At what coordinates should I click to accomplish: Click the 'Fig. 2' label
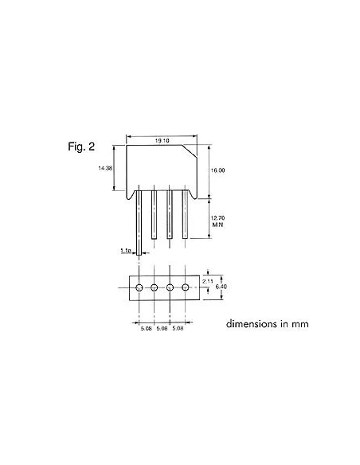tap(82, 147)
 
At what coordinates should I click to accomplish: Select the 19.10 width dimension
tap(162, 140)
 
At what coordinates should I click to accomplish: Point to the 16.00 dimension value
tap(218, 170)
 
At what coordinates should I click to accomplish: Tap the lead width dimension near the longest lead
tap(125, 251)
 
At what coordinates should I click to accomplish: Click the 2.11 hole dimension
tap(207, 281)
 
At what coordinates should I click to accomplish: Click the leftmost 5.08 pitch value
tap(147, 328)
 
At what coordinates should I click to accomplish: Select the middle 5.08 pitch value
tap(162, 328)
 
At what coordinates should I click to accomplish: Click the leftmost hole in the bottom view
tap(139, 287)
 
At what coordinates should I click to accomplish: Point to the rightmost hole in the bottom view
tap(186, 287)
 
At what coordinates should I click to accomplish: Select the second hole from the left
tap(155, 287)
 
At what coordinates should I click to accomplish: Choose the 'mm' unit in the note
tap(299, 324)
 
